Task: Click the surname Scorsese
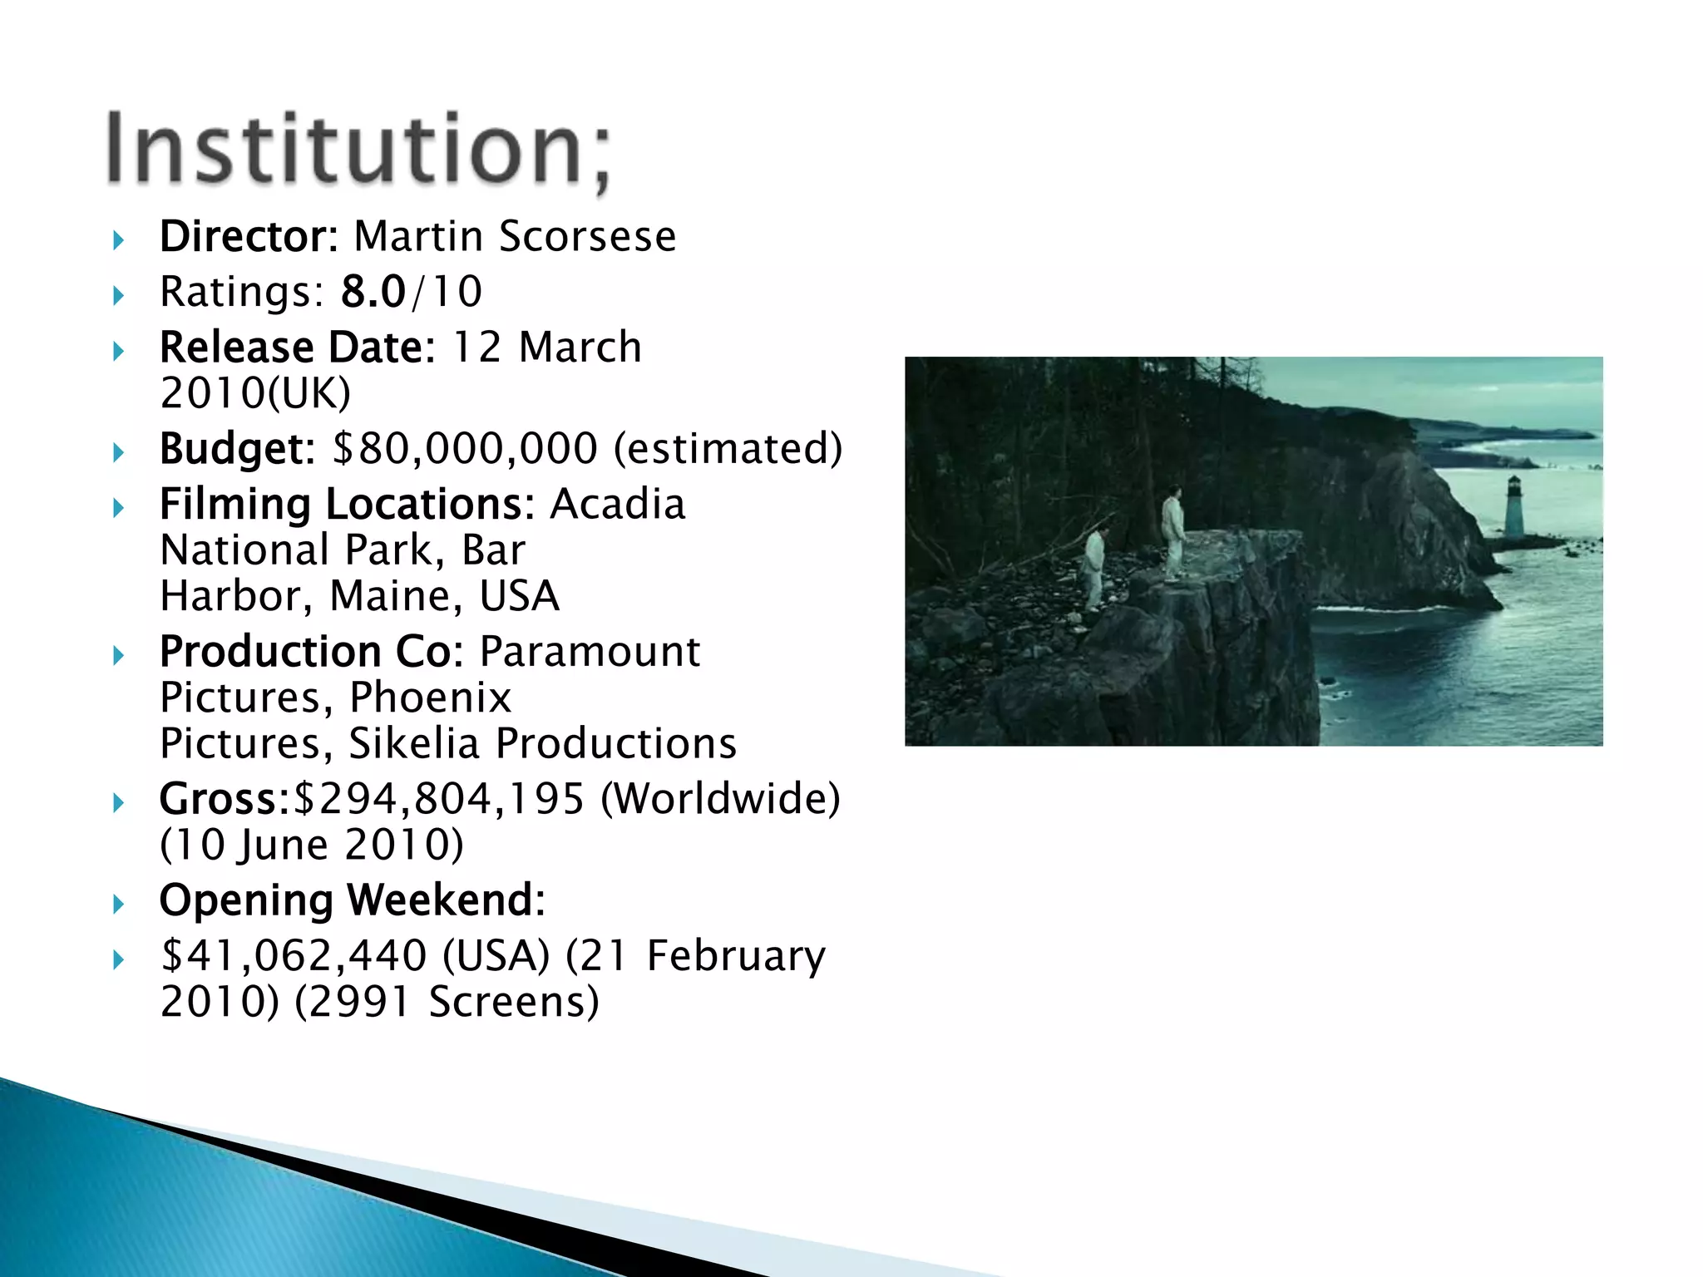point(587,236)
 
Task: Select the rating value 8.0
point(373,292)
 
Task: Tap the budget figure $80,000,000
point(465,448)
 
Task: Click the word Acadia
point(618,504)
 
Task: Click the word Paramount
point(590,651)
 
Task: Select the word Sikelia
point(413,742)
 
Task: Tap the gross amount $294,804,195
point(440,798)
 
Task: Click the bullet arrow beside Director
point(118,240)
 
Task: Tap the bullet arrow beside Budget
point(118,452)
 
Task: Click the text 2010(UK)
point(255,392)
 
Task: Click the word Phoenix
point(429,697)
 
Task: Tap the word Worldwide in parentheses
point(720,798)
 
